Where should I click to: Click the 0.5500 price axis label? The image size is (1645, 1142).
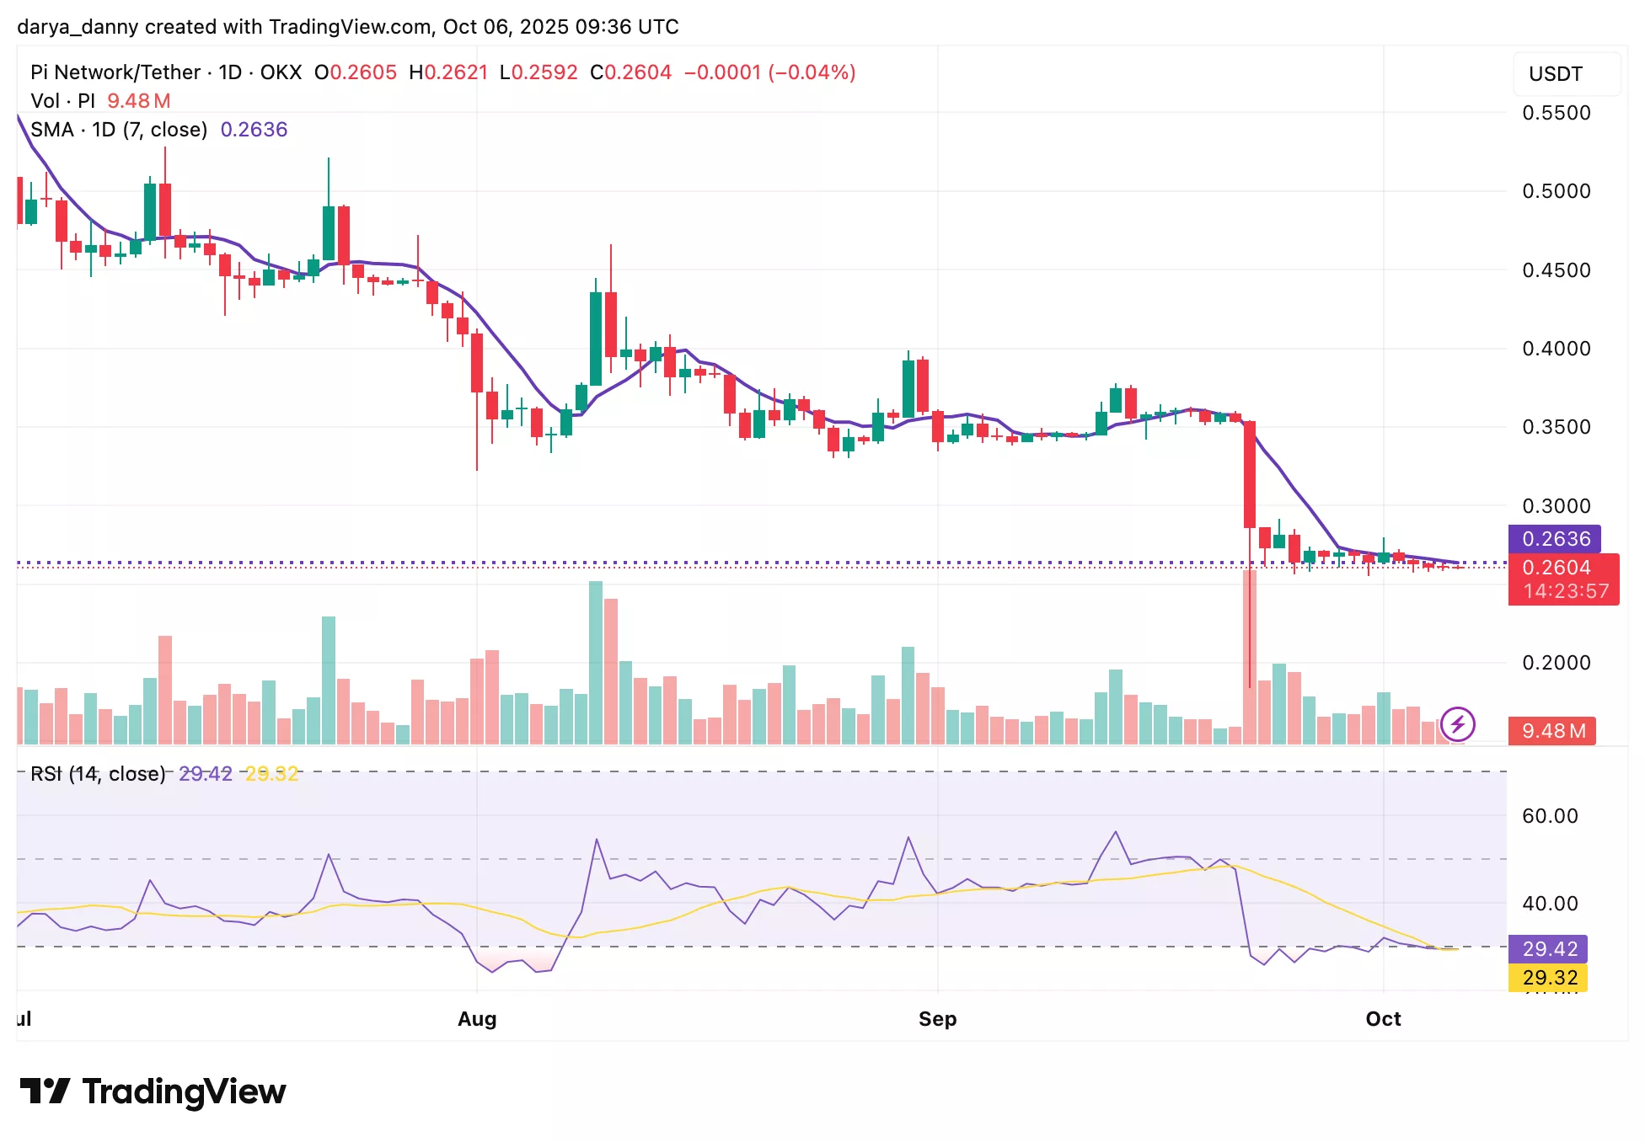[1556, 113]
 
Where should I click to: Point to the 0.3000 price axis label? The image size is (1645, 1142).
[1556, 506]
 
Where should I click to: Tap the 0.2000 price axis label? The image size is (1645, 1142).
[1556, 663]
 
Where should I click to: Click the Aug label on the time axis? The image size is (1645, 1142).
[477, 1019]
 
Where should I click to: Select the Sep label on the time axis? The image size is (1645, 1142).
[937, 1019]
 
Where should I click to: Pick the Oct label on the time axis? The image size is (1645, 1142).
[1383, 1019]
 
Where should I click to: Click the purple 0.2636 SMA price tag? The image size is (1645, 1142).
[1555, 539]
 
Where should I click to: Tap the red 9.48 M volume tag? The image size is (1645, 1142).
[1553, 731]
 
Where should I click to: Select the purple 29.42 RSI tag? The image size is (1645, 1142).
[1549, 949]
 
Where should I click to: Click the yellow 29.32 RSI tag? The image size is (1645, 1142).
[1549, 978]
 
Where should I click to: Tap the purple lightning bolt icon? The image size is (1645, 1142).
[1457, 723]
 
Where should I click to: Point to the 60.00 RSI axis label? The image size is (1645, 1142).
[1550, 816]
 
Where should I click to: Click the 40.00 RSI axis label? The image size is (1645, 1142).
[1550, 904]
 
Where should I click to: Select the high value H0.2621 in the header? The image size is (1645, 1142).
[448, 72]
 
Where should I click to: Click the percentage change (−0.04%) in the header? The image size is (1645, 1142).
[812, 72]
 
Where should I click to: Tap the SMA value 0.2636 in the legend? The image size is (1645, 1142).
[254, 130]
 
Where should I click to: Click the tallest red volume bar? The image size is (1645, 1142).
[1249, 657]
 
